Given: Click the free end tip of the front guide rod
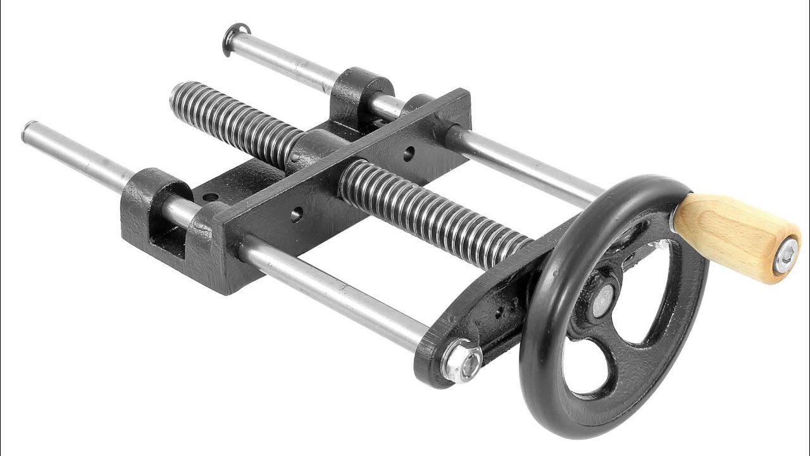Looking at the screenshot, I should point(28,132).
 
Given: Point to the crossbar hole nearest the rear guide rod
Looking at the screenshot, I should point(409,153).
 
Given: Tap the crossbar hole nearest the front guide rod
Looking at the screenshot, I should point(296,215).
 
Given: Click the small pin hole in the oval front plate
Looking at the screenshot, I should point(499,311).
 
